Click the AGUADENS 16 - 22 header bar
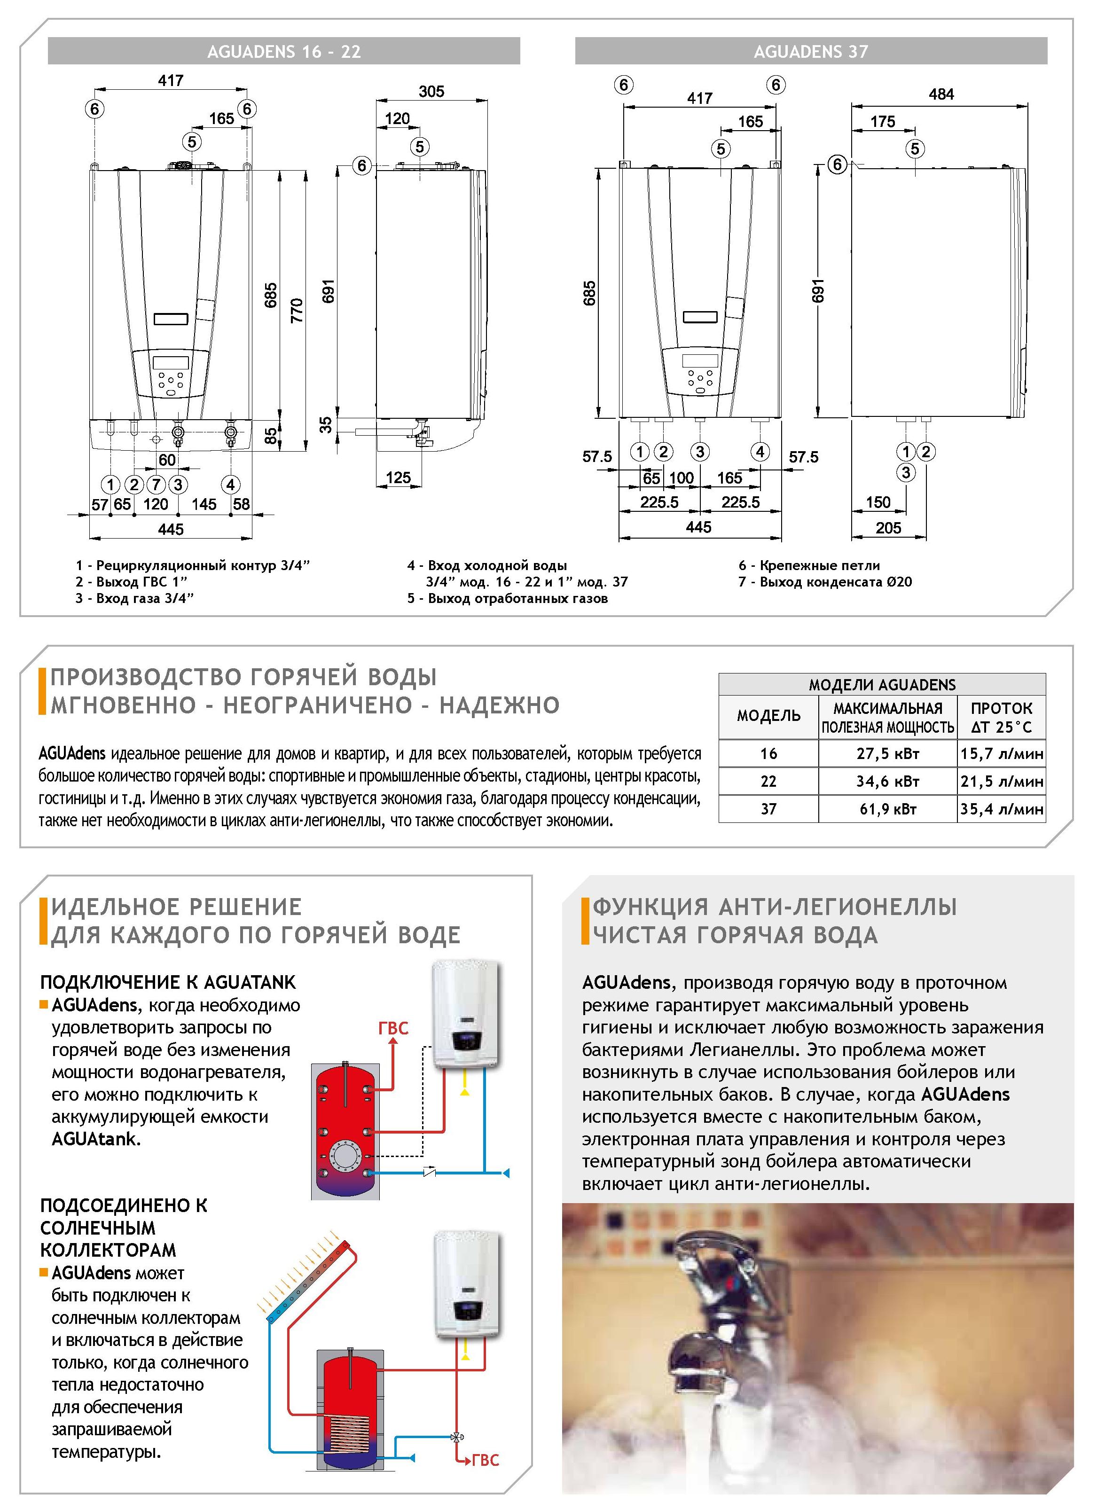point(283,52)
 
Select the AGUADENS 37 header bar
point(811,52)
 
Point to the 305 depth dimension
point(431,92)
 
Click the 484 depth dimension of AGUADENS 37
point(940,94)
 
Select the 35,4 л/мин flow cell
point(1001,809)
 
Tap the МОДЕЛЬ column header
point(768,716)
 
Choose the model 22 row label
point(768,781)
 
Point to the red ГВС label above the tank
point(393,1028)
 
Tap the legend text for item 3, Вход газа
point(134,598)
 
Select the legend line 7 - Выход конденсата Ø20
point(825,582)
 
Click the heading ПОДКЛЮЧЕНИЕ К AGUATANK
point(167,982)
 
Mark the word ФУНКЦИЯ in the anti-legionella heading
point(650,907)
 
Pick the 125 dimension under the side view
point(398,477)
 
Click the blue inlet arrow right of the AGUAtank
point(506,1173)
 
